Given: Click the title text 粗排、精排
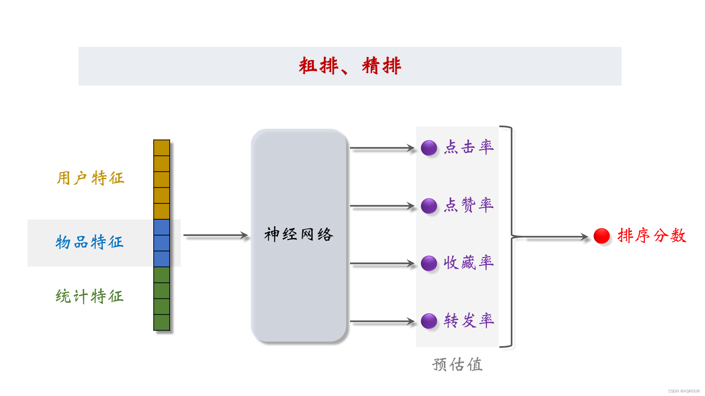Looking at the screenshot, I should click(x=350, y=66).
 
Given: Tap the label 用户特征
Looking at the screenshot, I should click(x=90, y=178).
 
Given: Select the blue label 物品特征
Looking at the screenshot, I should click(x=90, y=242).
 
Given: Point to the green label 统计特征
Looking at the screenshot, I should click(x=90, y=296).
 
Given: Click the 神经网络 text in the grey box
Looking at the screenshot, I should click(x=299, y=234).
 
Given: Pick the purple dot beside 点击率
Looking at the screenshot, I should click(x=429, y=148).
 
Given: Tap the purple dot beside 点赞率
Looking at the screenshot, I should click(x=429, y=206).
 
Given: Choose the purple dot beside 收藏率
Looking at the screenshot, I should click(x=429, y=263).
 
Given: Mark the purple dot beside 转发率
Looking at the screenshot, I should click(x=429, y=321).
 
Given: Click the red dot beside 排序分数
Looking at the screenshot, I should click(x=601, y=236).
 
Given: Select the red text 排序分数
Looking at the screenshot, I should click(x=652, y=235).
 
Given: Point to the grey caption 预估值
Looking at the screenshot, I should click(x=457, y=364).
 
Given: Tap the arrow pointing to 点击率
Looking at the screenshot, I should click(x=382, y=148).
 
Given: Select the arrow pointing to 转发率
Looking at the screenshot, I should click(x=382, y=321).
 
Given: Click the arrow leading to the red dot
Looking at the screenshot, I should click(x=557, y=237).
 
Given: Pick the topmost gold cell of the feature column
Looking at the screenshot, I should click(x=162, y=148).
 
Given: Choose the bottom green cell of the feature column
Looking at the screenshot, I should click(x=162, y=322).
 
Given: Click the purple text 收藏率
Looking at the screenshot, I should click(x=468, y=263).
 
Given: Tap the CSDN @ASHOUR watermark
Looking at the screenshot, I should click(x=683, y=391).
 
